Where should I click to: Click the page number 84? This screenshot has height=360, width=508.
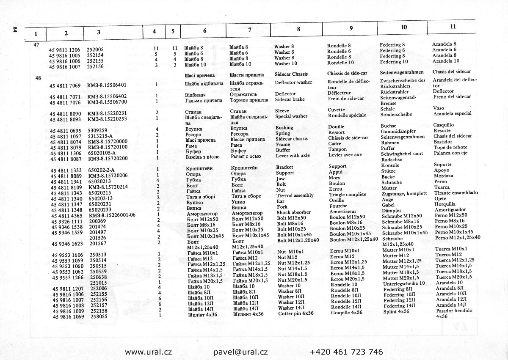tap(15, 29)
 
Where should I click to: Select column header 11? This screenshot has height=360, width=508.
tap(453, 26)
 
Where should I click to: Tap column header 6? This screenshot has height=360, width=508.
tap(204, 31)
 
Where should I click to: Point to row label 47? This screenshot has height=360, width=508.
tap(36, 44)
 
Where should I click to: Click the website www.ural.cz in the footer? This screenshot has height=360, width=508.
tap(148, 352)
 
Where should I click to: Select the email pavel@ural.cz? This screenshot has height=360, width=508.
tap(240, 352)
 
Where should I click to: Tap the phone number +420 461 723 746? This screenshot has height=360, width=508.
tap(346, 352)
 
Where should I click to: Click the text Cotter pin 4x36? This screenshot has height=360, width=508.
tap(296, 313)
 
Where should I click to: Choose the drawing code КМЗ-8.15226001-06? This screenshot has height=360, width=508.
tap(112, 215)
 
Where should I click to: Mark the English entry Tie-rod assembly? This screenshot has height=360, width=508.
tap(295, 195)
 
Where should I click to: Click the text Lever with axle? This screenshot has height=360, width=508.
tap(293, 155)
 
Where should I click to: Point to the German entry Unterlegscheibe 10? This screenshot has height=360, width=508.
tap(403, 283)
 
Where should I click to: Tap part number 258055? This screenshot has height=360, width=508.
tap(98, 316)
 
